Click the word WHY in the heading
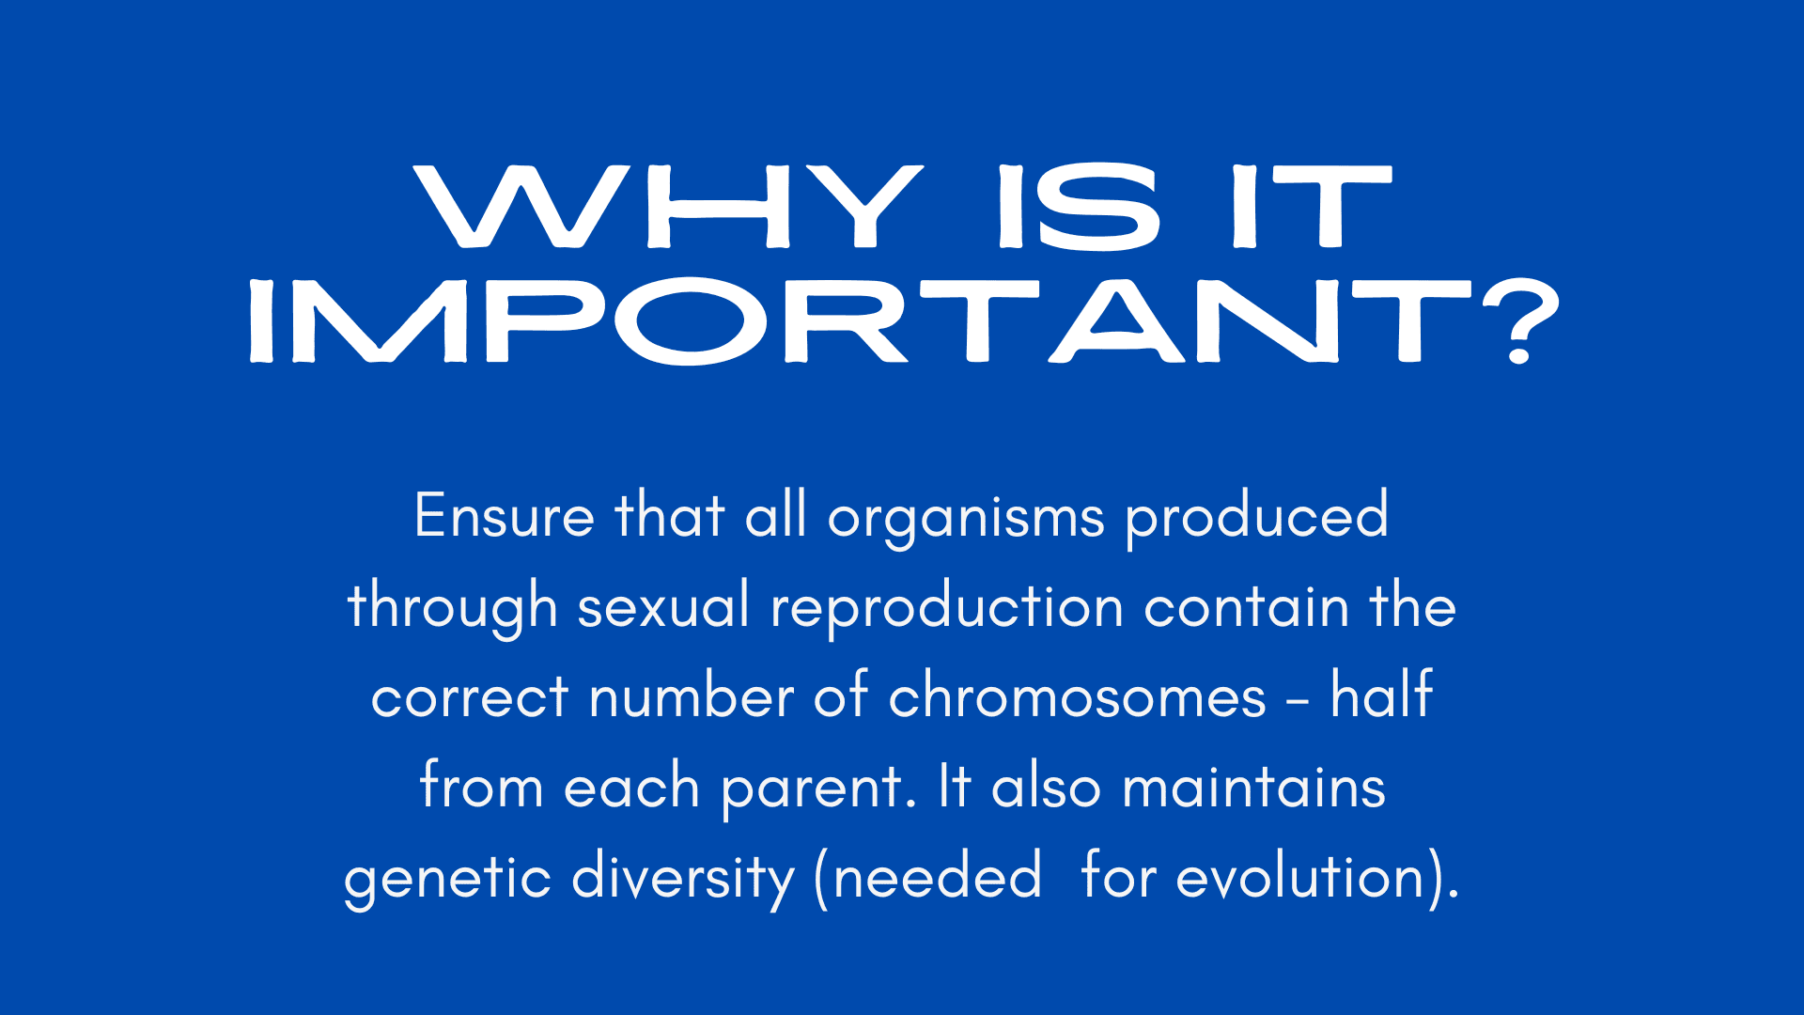[669, 207]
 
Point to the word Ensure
[505, 516]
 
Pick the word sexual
[663, 606]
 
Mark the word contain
[1247, 607]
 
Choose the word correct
[470, 697]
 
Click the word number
[692, 695]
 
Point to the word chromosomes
[1077, 695]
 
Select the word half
[1381, 694]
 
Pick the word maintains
[1253, 787]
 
